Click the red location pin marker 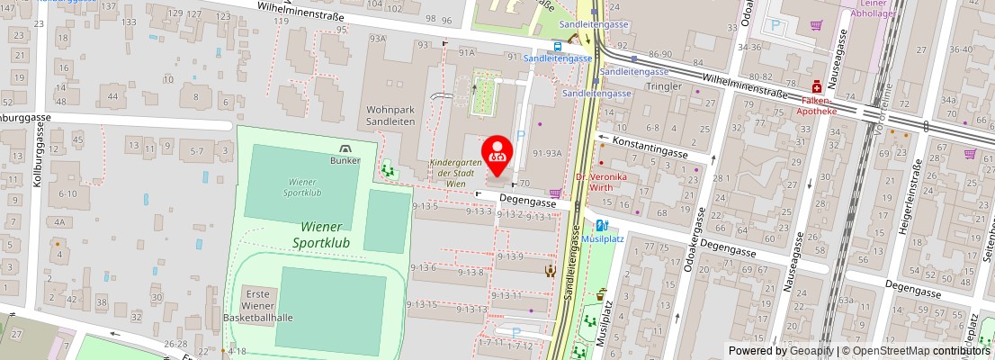click(x=497, y=153)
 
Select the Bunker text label click(x=345, y=160)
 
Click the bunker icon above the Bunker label click(x=345, y=148)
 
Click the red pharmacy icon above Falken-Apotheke click(x=816, y=88)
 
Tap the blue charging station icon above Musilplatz click(x=601, y=226)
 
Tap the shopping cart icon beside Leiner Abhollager click(x=816, y=25)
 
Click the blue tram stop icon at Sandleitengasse click(x=559, y=47)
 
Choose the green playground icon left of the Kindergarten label click(x=389, y=167)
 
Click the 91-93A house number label click(x=547, y=154)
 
